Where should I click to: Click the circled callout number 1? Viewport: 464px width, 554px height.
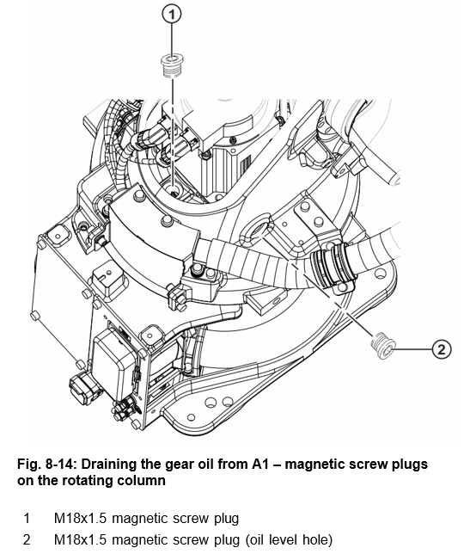(x=172, y=15)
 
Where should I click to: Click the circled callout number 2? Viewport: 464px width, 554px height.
(x=442, y=349)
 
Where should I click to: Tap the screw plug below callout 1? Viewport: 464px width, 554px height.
(x=172, y=66)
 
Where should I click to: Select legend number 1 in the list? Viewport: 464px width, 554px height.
(x=27, y=519)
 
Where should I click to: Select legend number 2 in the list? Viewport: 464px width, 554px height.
(x=27, y=539)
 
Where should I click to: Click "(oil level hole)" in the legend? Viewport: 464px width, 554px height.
(x=288, y=539)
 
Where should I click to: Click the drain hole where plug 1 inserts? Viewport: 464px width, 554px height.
(x=174, y=191)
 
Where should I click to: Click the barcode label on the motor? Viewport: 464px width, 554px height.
(x=246, y=163)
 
